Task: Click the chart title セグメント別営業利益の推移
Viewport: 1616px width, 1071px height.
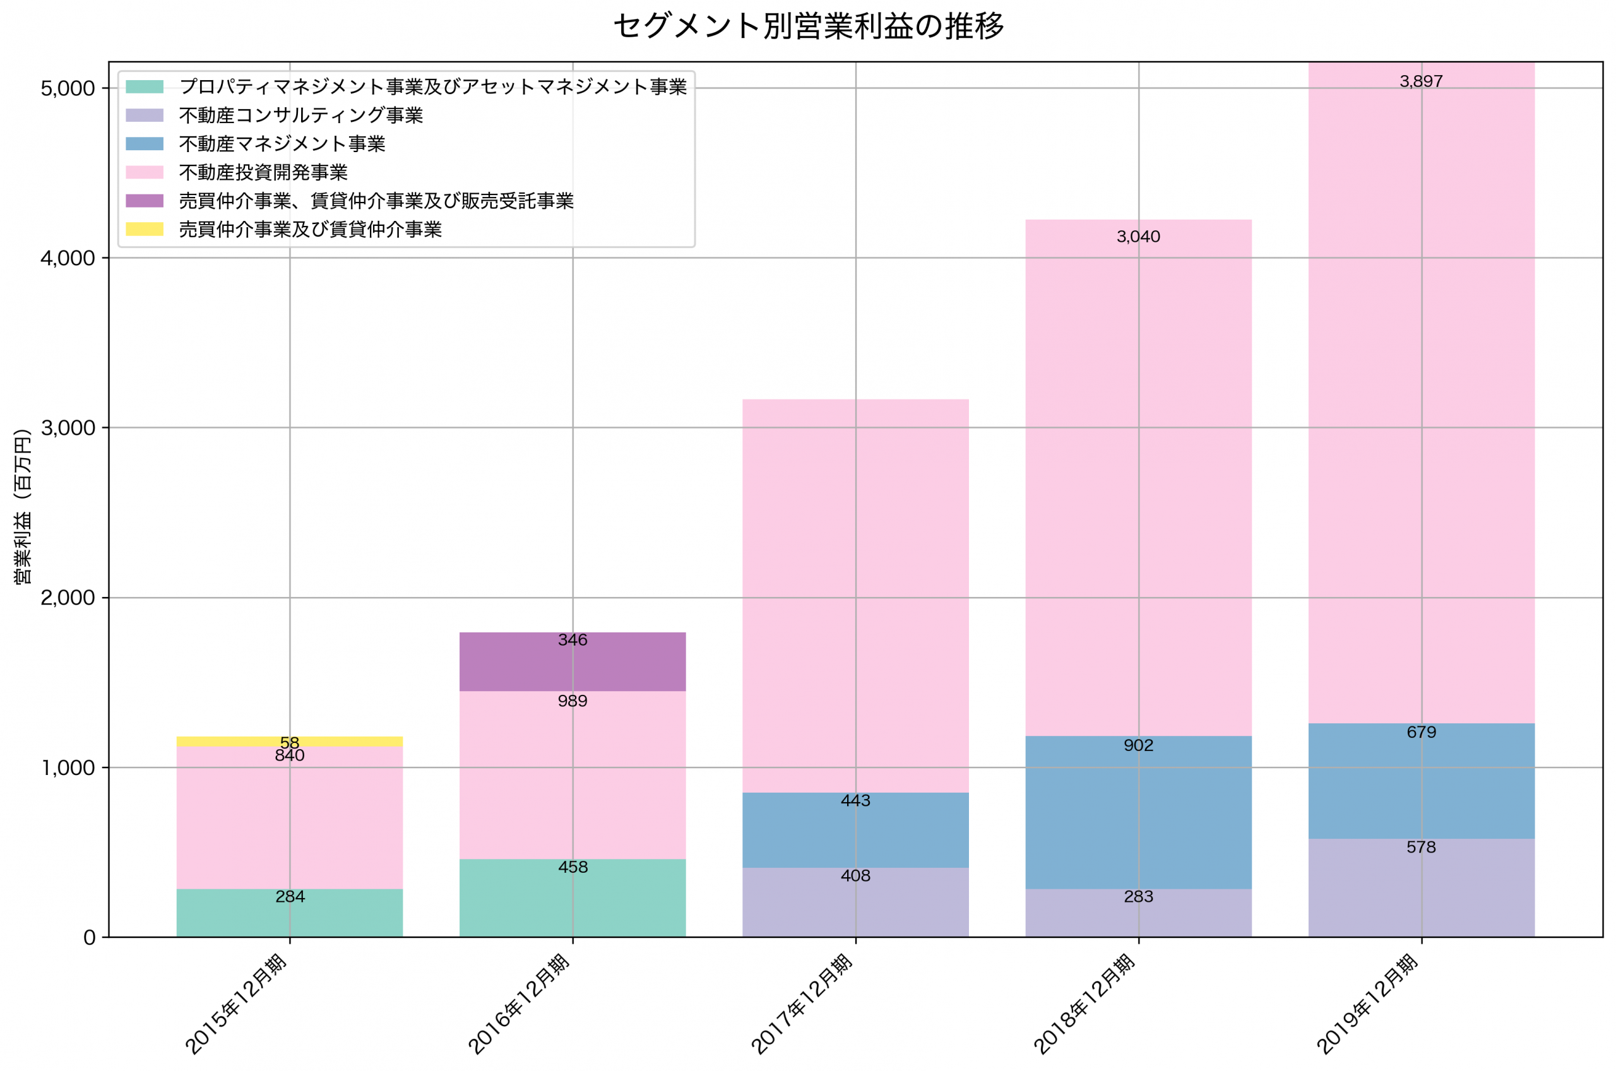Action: (808, 26)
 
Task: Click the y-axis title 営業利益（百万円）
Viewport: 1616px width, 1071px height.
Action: (23, 506)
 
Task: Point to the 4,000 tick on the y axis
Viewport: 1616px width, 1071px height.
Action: (67, 258)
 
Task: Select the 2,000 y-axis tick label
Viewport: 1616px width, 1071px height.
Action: (67, 598)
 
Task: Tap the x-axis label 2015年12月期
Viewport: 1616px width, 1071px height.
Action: (236, 1004)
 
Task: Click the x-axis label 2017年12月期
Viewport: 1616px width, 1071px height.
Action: (802, 1004)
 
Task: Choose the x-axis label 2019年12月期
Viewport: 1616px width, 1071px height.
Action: (1367, 1004)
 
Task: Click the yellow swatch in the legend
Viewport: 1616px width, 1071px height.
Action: (144, 230)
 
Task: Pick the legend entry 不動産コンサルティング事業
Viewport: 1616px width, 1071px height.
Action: (300, 115)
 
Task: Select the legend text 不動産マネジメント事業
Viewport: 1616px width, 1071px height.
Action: (282, 144)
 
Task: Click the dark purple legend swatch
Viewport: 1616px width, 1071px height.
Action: (144, 201)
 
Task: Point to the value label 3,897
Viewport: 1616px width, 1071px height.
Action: (1421, 81)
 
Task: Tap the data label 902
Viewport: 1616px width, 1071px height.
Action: (1138, 745)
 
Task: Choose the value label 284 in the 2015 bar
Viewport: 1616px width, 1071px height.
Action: (290, 897)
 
